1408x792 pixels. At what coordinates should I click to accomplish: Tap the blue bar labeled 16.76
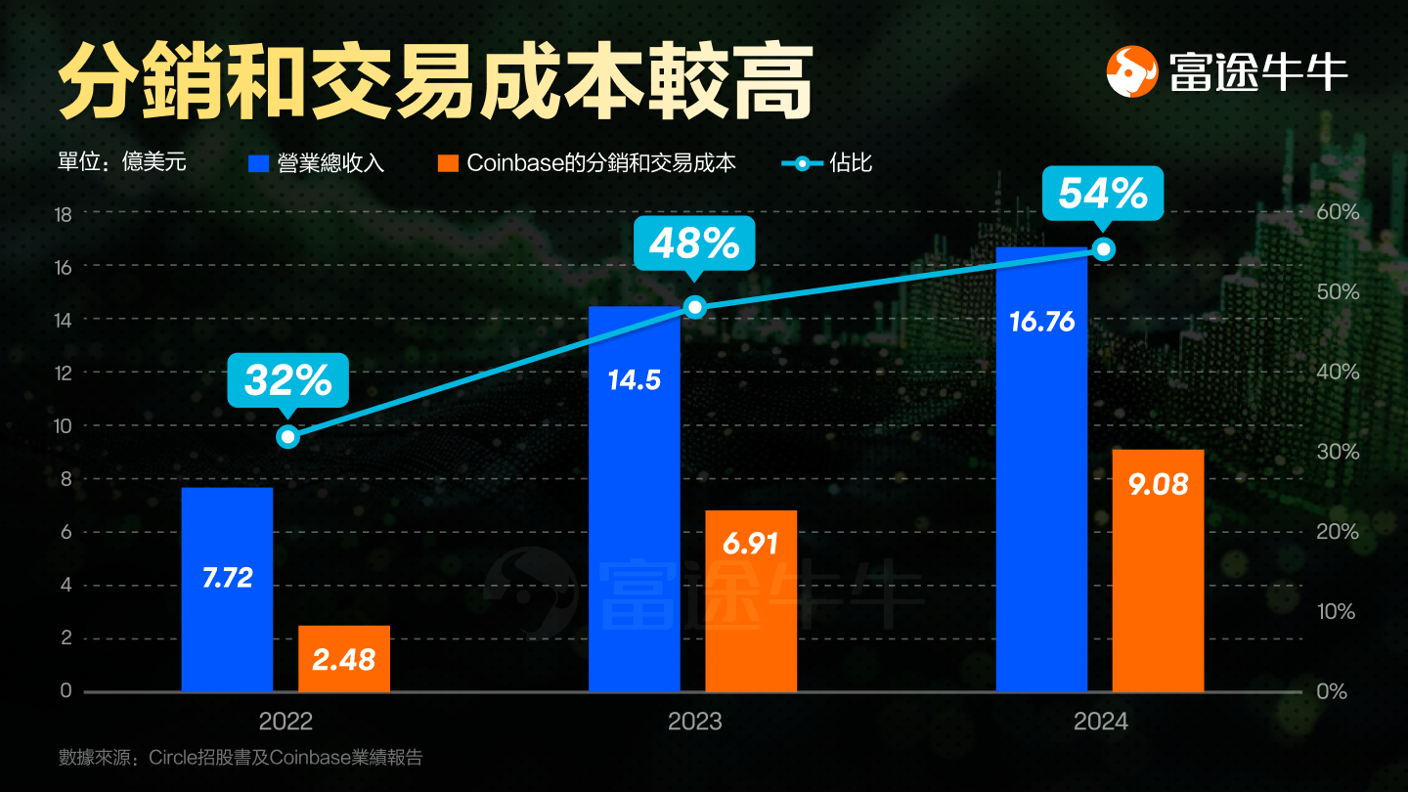click(x=1041, y=469)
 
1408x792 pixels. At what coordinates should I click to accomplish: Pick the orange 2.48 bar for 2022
click(x=344, y=658)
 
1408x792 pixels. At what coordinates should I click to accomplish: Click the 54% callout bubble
click(x=1103, y=194)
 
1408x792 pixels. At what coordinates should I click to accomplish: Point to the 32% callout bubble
click(x=287, y=379)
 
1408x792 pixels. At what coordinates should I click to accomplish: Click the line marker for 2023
click(x=694, y=307)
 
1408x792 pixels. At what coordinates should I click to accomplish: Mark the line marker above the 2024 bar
click(x=1104, y=249)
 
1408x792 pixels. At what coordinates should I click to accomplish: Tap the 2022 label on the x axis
click(x=286, y=722)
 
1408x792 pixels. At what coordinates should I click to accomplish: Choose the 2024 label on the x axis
click(x=1101, y=722)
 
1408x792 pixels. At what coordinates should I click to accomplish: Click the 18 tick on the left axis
click(x=65, y=214)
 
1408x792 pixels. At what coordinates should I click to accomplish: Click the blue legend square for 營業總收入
click(x=258, y=163)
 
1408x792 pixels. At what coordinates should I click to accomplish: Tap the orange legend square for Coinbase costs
click(x=448, y=163)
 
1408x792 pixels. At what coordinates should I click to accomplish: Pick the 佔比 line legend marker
click(x=802, y=163)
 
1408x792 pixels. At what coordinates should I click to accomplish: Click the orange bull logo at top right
click(x=1132, y=70)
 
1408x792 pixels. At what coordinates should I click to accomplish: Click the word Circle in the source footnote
click(x=174, y=757)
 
